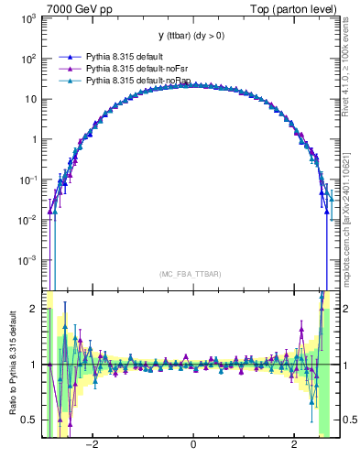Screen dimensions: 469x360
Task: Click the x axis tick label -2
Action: [92, 445]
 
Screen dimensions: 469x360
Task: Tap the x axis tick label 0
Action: [192, 445]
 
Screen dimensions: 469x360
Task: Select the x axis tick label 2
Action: [294, 445]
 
